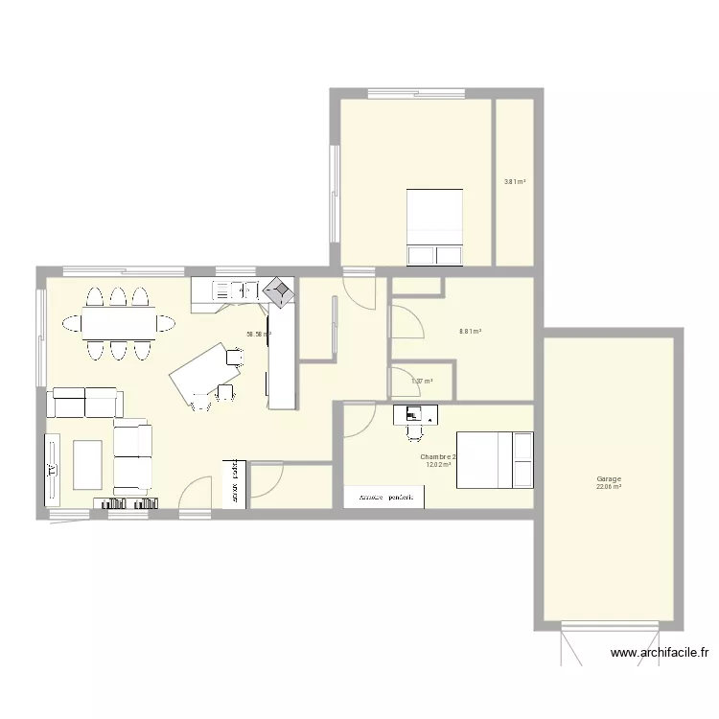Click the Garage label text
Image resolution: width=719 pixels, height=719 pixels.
pyautogui.click(x=609, y=479)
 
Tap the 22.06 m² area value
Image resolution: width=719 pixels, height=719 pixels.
pyautogui.click(x=609, y=487)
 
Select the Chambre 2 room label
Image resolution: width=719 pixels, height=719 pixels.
pyautogui.click(x=438, y=457)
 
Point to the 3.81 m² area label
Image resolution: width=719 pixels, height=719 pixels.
pyautogui.click(x=515, y=181)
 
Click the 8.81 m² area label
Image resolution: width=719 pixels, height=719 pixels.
pyautogui.click(x=470, y=332)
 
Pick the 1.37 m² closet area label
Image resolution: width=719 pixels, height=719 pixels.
pyautogui.click(x=422, y=382)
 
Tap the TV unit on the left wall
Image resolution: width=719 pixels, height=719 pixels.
pyautogui.click(x=51, y=470)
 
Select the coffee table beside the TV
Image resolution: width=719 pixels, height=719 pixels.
pyautogui.click(x=87, y=465)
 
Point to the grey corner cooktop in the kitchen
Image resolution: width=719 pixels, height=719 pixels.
pyautogui.click(x=279, y=291)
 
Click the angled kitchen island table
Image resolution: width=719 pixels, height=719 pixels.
pyautogui.click(x=202, y=369)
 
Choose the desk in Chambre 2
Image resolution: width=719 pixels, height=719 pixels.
pyautogui.click(x=415, y=414)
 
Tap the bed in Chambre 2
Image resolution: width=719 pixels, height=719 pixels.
pyautogui.click(x=494, y=460)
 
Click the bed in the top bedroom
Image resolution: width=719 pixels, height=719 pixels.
pyautogui.click(x=435, y=226)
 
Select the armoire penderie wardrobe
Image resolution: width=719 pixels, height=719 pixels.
pyautogui.click(x=384, y=497)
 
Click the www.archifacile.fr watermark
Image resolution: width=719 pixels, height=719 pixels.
pyautogui.click(x=660, y=654)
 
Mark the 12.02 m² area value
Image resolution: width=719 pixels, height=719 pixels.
pyautogui.click(x=438, y=466)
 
